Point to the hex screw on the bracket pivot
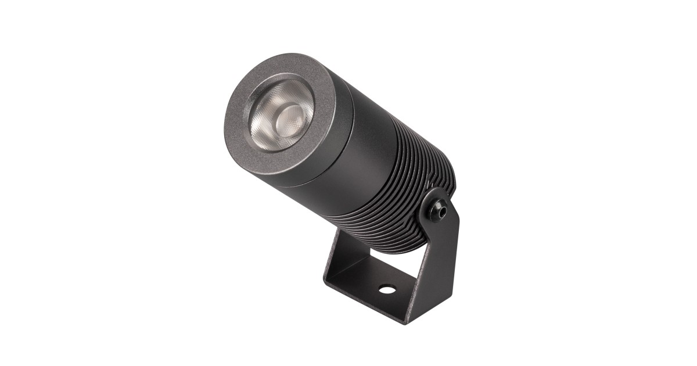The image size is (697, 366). (x=439, y=209)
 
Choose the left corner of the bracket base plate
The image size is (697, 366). (x=326, y=284)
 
